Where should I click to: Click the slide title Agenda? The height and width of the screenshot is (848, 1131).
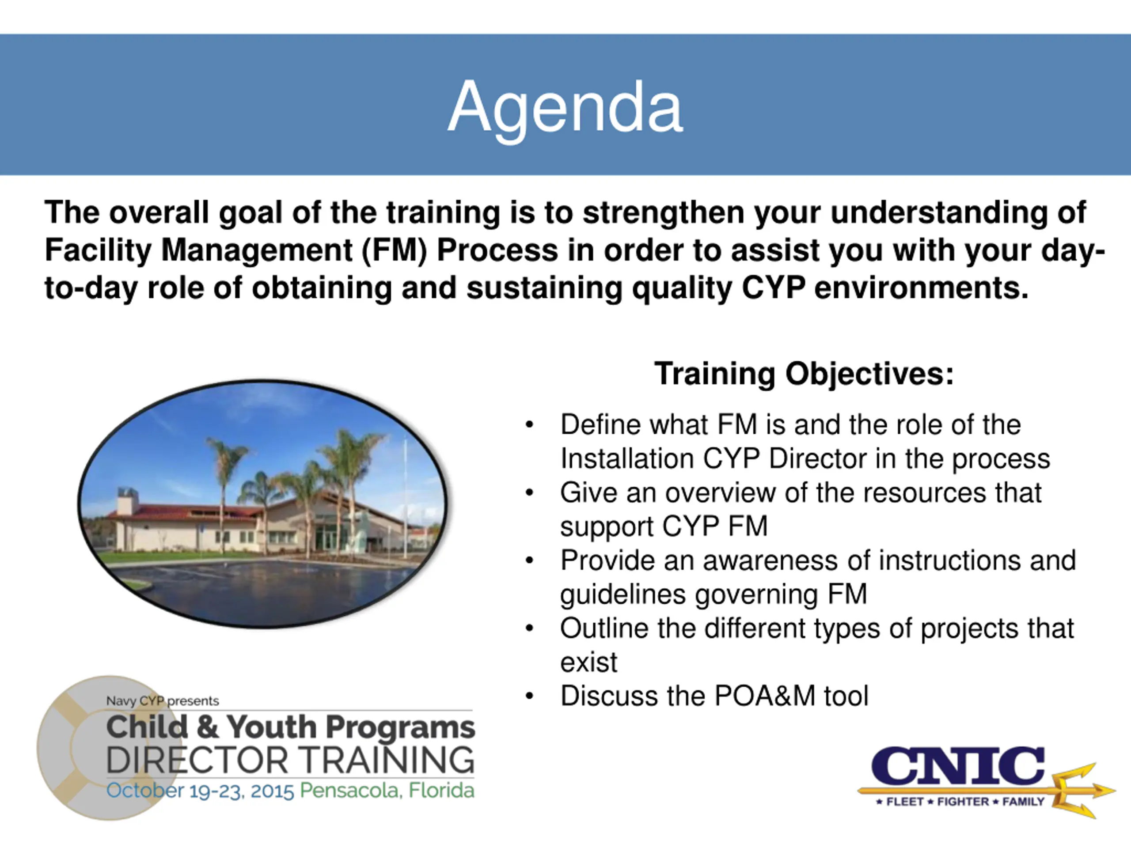coord(565,108)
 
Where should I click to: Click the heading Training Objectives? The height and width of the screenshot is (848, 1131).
coord(804,374)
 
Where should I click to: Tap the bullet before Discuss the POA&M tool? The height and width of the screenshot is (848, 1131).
coord(529,696)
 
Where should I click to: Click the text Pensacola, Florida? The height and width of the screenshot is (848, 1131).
coord(387,790)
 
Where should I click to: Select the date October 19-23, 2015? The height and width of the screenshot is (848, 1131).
coord(200,791)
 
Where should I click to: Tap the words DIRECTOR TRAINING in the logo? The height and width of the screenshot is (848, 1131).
coord(290,760)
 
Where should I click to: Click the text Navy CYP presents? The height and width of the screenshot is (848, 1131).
coord(163,701)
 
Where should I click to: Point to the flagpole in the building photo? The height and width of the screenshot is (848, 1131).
coord(406,498)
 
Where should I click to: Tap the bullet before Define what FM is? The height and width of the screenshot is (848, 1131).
coord(529,425)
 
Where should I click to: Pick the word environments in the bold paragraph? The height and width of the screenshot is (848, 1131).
coord(921,288)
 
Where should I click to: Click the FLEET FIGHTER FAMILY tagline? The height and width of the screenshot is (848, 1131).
coord(960,802)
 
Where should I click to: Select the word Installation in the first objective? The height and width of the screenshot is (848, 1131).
coord(627,458)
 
